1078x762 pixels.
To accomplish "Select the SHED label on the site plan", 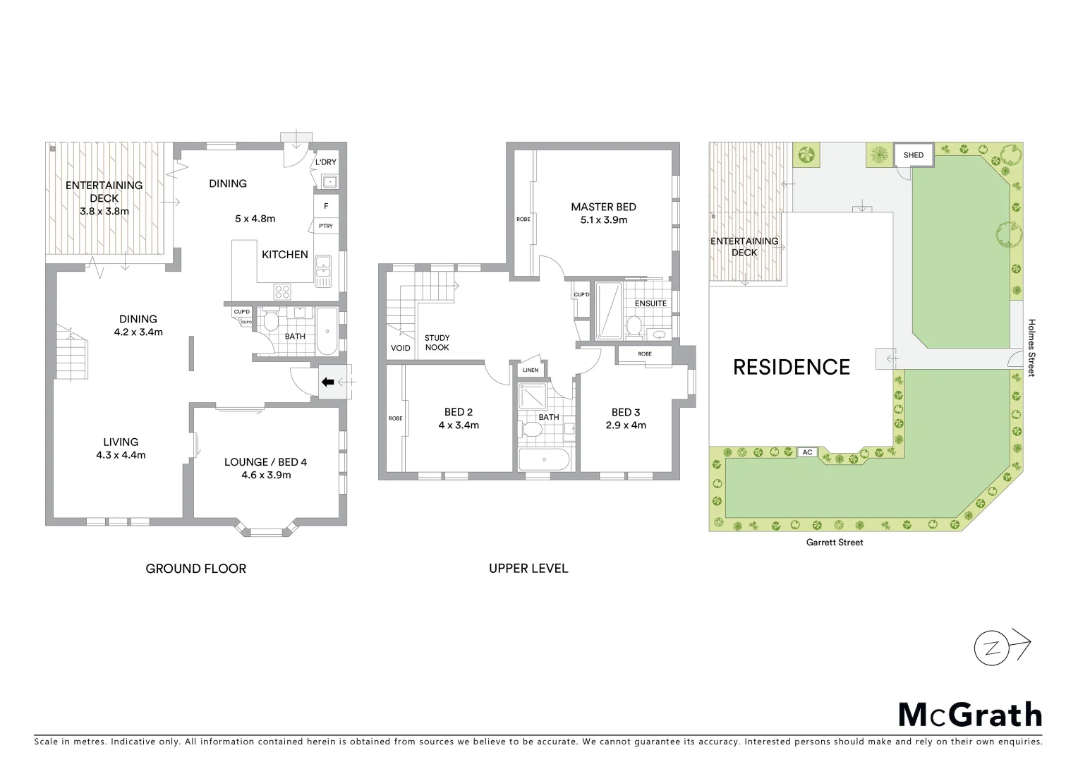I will pyautogui.click(x=913, y=155).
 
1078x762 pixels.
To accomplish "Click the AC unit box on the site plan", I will pyautogui.click(x=806, y=452).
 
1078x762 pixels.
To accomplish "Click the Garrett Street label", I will pyautogui.click(x=835, y=543).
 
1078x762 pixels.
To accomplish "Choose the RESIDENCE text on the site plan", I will pyautogui.click(x=792, y=367).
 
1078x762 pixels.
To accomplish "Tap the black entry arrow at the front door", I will pyautogui.click(x=328, y=382).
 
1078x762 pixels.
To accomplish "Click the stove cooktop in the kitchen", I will pyautogui.click(x=282, y=291).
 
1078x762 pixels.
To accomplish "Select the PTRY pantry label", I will pyautogui.click(x=325, y=226).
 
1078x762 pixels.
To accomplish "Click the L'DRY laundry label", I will pyautogui.click(x=325, y=162).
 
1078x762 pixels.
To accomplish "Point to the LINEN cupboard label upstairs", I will pyautogui.click(x=530, y=370).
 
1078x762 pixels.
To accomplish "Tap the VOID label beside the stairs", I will pyautogui.click(x=400, y=348).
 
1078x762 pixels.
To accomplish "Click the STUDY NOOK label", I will pyautogui.click(x=437, y=342).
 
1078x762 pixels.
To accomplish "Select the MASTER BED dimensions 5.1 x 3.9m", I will pyautogui.click(x=603, y=219).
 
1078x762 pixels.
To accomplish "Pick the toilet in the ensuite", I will pyautogui.click(x=634, y=327).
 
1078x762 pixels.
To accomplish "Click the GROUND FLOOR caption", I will pyautogui.click(x=195, y=568).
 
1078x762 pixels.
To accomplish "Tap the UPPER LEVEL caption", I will pyautogui.click(x=528, y=568).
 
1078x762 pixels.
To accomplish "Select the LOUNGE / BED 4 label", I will pyautogui.click(x=265, y=462).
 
